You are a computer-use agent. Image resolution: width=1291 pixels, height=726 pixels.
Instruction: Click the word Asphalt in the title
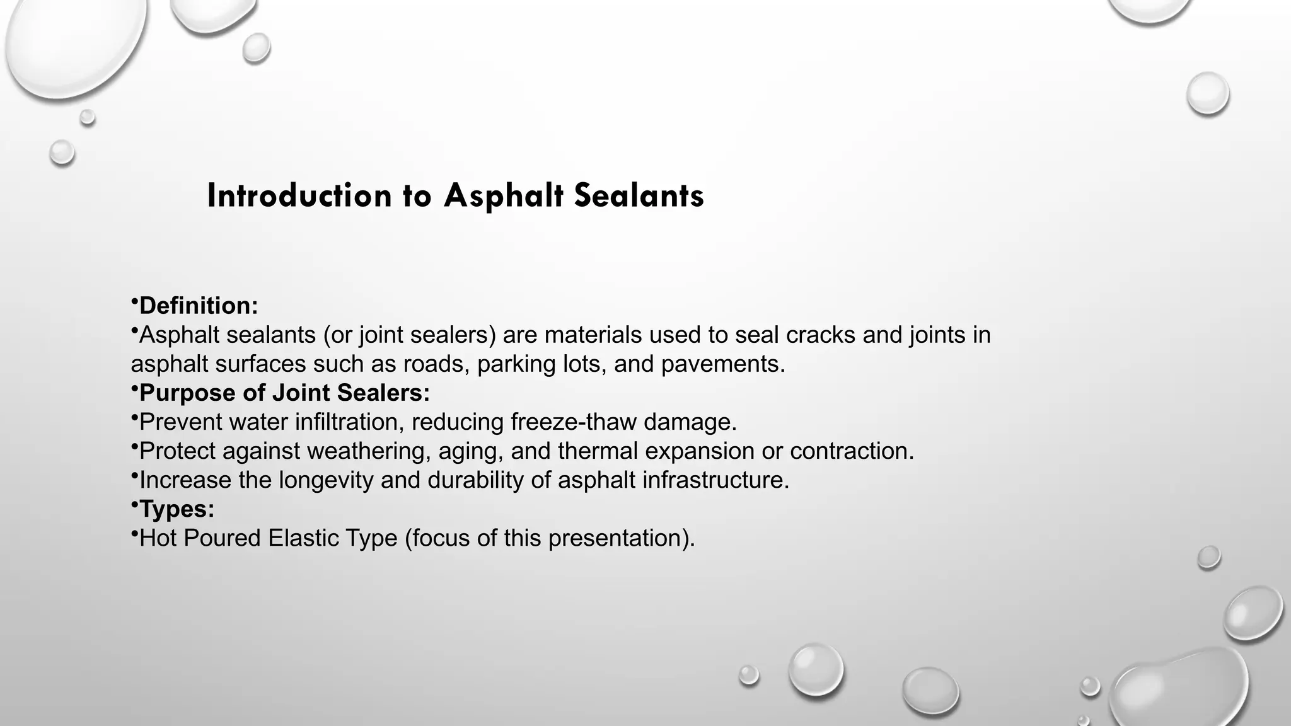[502, 195]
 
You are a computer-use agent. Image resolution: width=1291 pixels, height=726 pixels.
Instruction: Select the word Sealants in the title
[639, 195]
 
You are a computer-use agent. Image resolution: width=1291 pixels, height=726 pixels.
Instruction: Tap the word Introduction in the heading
[299, 195]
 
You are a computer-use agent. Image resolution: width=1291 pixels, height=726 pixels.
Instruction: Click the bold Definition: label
[198, 306]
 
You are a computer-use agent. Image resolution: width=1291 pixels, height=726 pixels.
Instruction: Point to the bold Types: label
[177, 509]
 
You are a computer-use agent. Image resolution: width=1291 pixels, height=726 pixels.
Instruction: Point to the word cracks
[821, 335]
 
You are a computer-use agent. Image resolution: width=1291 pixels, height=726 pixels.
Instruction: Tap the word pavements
[722, 364]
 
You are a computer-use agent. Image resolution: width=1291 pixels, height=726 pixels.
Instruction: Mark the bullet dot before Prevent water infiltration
[134, 417]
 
